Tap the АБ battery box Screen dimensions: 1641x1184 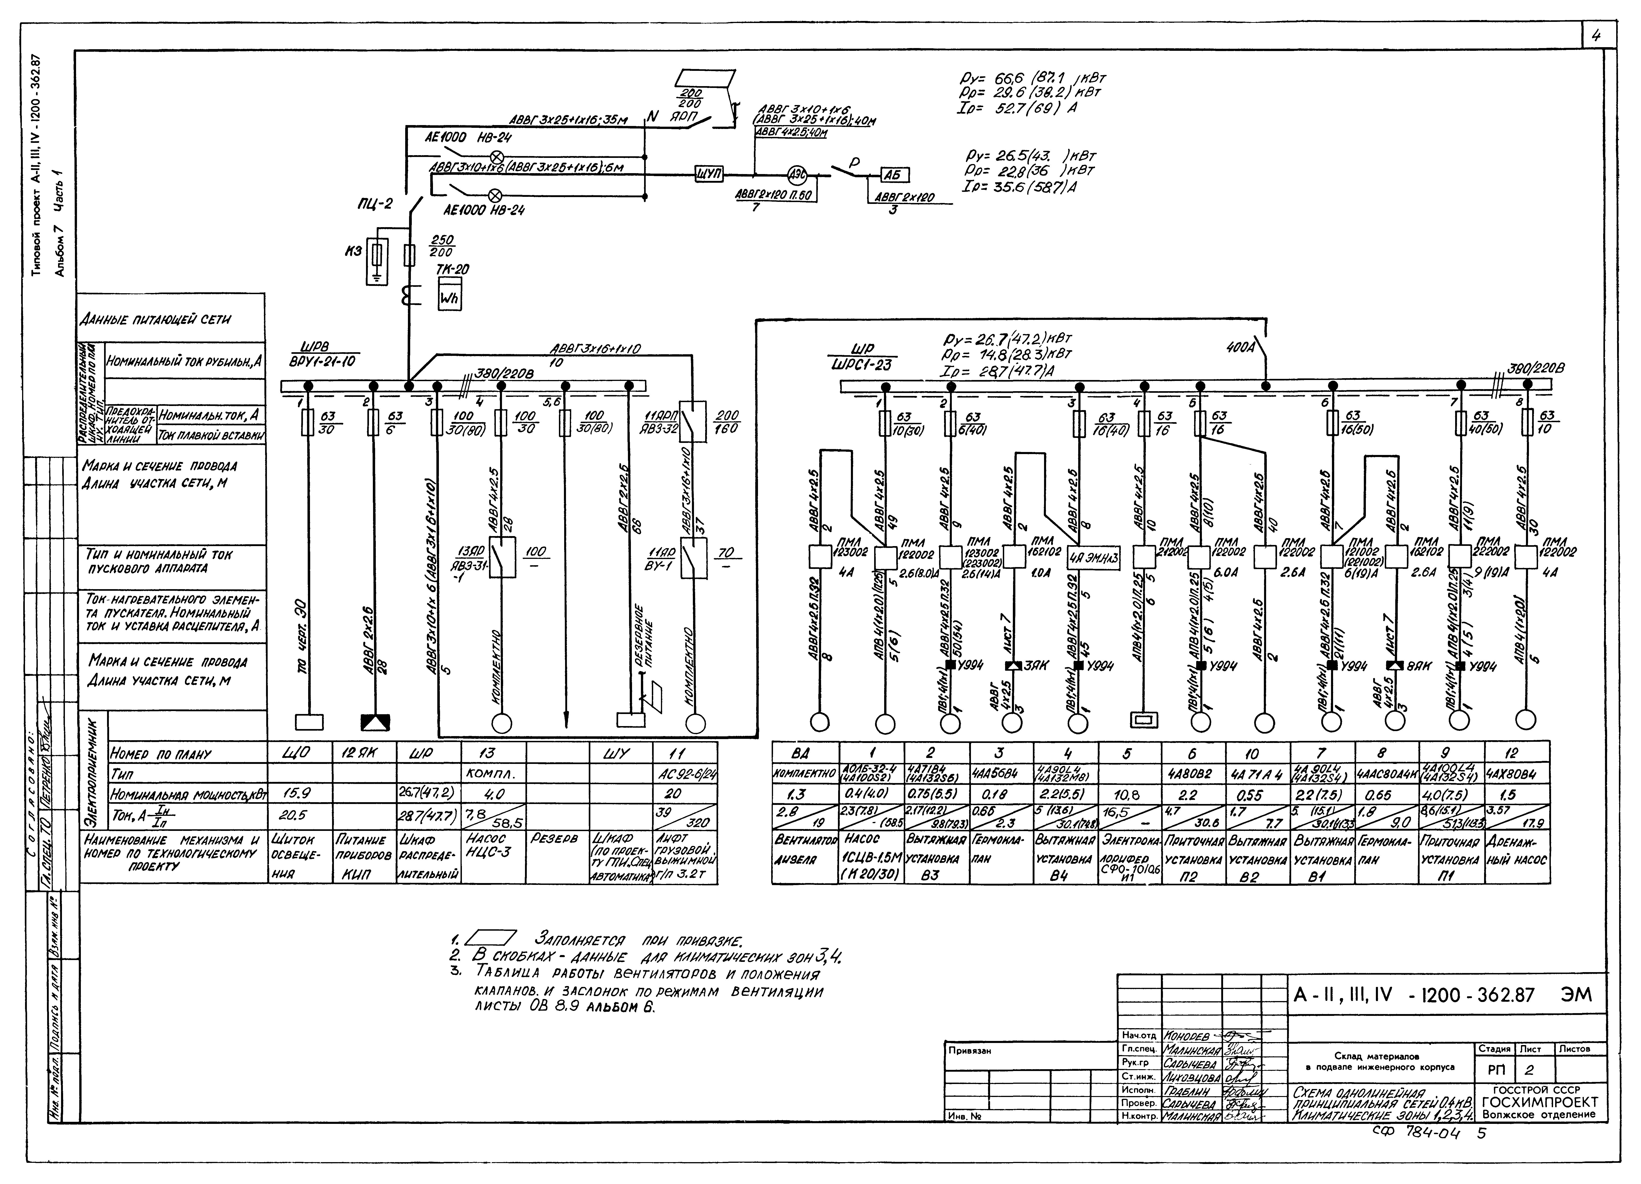pos(895,175)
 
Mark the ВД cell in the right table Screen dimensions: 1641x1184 pos(805,753)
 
